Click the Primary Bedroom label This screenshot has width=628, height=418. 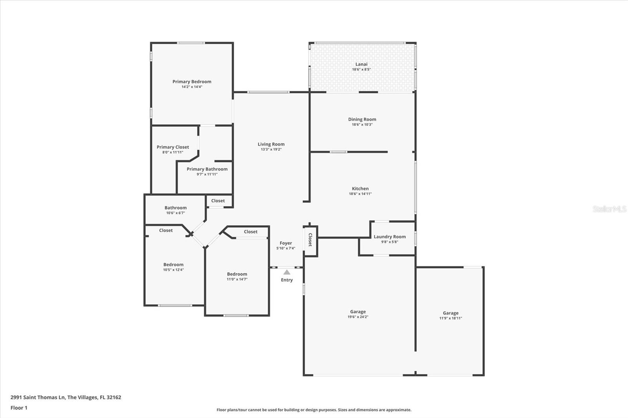click(x=192, y=82)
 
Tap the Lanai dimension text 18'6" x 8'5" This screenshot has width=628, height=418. click(x=361, y=69)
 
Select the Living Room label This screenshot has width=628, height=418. click(x=271, y=144)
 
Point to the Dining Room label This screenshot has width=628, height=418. click(x=362, y=119)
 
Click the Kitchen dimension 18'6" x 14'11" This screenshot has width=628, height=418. click(x=360, y=194)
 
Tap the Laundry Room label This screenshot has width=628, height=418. click(x=390, y=237)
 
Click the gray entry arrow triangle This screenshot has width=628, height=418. click(x=287, y=272)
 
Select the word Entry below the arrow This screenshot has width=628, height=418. click(x=287, y=280)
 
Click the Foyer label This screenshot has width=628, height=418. click(x=286, y=243)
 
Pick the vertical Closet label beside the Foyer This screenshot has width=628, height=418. click(x=310, y=240)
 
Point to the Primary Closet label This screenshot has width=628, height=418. click(x=173, y=147)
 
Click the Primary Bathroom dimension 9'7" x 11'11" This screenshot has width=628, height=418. click(x=207, y=174)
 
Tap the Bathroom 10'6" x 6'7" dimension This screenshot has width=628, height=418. click(x=175, y=213)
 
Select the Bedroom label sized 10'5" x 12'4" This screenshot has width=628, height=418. click(x=173, y=265)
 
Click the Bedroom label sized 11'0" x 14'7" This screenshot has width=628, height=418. click(x=237, y=274)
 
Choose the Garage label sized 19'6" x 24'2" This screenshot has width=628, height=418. click(x=358, y=311)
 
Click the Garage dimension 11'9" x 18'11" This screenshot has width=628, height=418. click(x=451, y=318)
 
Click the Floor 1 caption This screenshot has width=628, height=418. click(x=19, y=408)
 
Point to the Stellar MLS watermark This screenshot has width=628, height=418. click(x=610, y=209)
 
